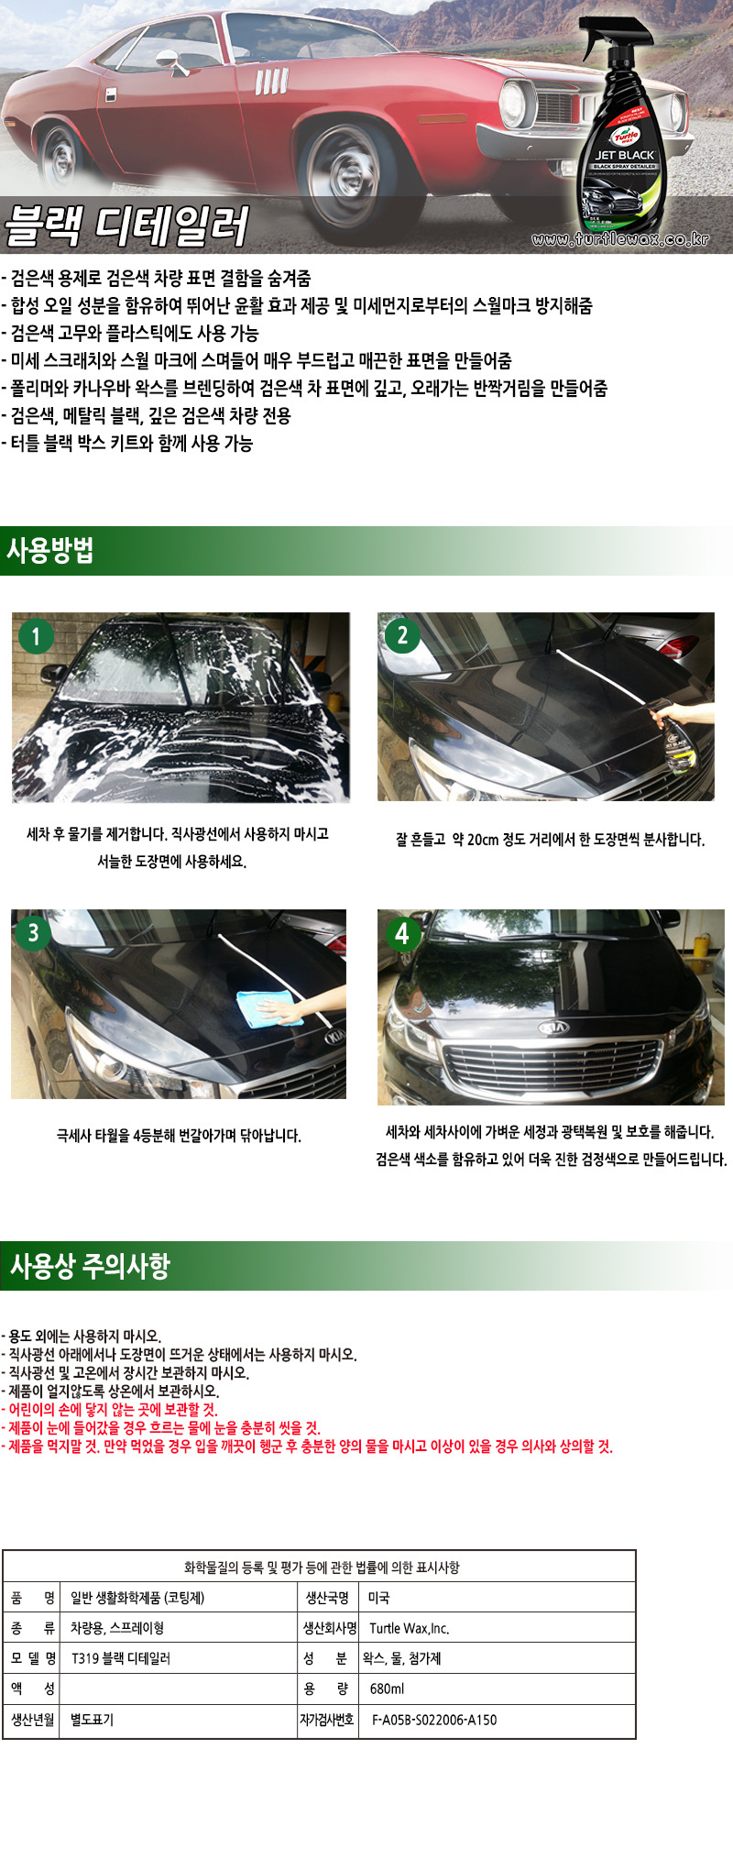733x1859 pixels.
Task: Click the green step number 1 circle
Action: click(x=36, y=636)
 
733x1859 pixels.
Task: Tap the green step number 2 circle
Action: click(x=402, y=634)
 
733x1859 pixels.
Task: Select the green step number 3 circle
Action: click(x=34, y=932)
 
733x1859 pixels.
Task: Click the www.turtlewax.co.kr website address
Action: click(x=620, y=239)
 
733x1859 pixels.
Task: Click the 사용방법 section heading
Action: click(x=50, y=551)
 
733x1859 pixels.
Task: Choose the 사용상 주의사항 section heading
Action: click(x=90, y=1266)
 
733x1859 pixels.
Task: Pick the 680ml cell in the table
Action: click(x=387, y=1688)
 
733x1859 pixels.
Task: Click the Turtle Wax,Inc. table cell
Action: click(x=409, y=1628)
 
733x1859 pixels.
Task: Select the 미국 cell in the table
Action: click(x=378, y=1598)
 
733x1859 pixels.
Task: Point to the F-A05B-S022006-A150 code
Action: click(x=434, y=1720)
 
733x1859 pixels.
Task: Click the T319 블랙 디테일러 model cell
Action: click(x=120, y=1658)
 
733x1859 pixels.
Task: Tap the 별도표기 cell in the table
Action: click(x=92, y=1720)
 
